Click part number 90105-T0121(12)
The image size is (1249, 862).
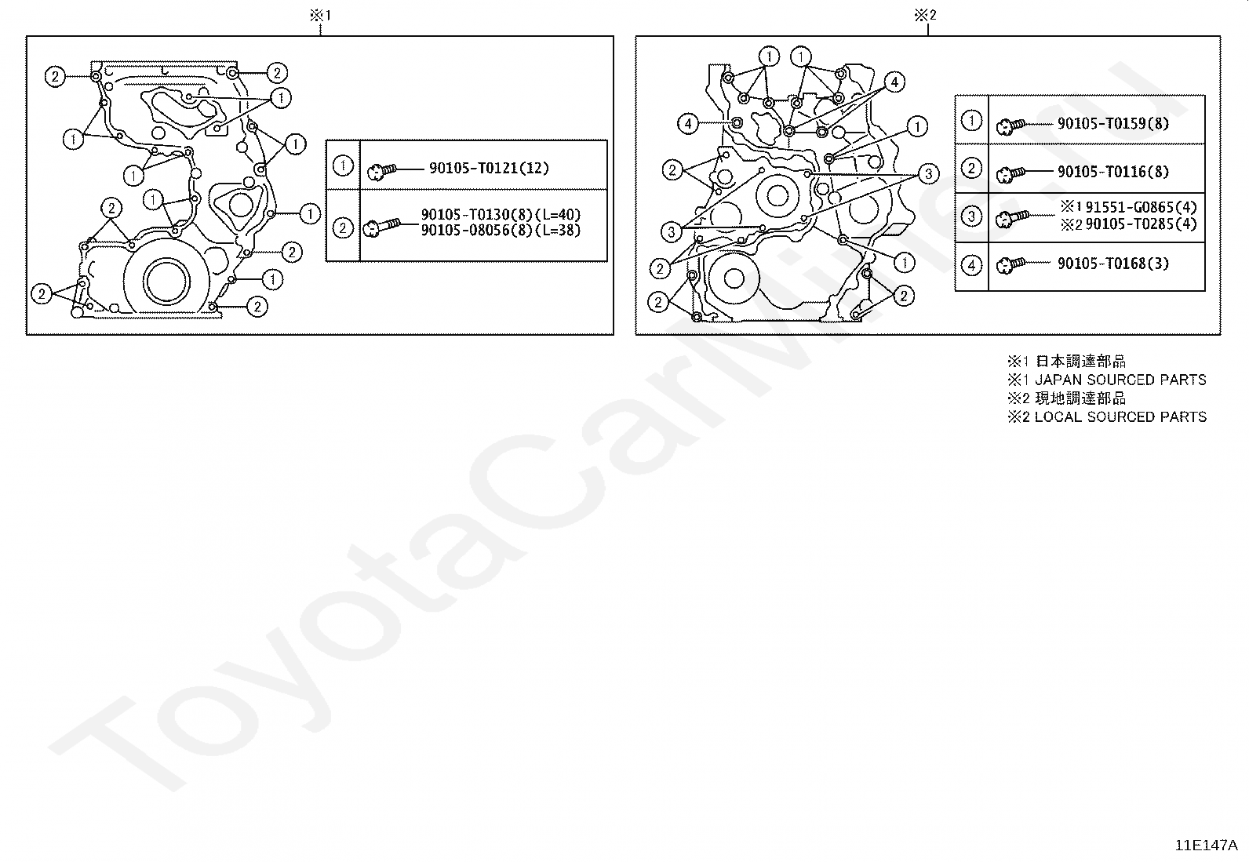489,168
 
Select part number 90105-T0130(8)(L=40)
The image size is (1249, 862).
501,215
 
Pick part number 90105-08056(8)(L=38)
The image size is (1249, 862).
501,231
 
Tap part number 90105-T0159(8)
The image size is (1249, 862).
1113,123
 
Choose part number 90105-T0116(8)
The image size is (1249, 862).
1113,171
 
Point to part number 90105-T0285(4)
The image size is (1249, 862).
1141,224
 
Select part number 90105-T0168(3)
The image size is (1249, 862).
1113,264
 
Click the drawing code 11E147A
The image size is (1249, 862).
1206,846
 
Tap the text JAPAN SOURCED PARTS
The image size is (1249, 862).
1120,380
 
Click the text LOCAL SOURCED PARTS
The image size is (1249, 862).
1120,416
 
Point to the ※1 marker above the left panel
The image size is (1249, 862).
321,15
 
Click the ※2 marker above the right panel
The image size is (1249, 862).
925,15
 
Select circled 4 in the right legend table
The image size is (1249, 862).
972,265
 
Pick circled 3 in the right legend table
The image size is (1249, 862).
972,216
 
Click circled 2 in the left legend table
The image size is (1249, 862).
343,227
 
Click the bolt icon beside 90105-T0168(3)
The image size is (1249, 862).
1010,265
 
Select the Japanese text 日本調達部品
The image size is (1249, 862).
1080,362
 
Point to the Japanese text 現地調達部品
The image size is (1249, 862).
1080,398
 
